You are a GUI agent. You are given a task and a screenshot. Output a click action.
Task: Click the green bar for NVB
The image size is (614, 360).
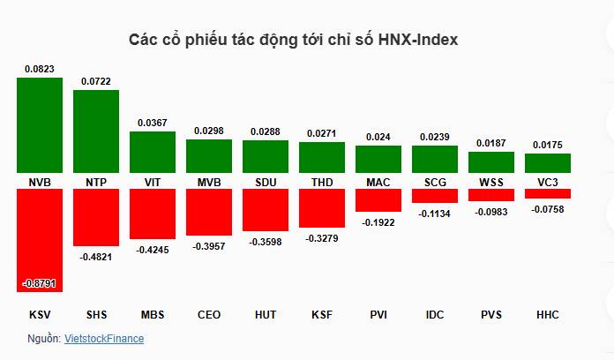click(40, 124)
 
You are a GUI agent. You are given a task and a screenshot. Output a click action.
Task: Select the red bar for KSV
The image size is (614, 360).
click(40, 239)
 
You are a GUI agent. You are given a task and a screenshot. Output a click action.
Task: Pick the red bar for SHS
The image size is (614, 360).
click(96, 217)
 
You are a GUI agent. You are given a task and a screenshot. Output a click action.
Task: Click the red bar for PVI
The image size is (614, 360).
click(378, 199)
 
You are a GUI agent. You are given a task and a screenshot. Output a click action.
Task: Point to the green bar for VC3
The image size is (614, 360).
click(548, 162)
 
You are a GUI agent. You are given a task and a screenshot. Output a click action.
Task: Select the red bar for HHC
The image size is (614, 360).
click(548, 193)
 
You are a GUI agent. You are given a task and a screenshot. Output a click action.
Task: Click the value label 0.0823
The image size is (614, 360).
click(40, 69)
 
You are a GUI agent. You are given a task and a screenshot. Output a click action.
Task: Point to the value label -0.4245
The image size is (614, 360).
click(153, 250)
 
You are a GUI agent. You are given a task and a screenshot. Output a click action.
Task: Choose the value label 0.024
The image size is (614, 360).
click(378, 137)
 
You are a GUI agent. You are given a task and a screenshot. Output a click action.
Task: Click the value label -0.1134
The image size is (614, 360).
click(435, 213)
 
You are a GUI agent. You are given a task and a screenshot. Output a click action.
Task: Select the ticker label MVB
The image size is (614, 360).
click(209, 182)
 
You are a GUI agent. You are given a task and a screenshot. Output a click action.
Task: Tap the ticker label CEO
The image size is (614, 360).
click(209, 314)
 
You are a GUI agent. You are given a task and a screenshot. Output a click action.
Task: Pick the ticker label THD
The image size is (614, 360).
click(322, 182)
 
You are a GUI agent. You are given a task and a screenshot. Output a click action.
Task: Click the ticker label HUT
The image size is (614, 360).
click(266, 314)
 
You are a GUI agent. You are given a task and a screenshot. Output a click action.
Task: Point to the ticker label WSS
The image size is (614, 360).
click(491, 182)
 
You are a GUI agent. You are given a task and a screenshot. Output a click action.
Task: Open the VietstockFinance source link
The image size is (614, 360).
click(104, 338)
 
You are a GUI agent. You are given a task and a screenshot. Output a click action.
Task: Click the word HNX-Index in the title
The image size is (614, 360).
click(417, 41)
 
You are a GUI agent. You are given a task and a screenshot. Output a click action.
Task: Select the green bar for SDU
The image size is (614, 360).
click(266, 157)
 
